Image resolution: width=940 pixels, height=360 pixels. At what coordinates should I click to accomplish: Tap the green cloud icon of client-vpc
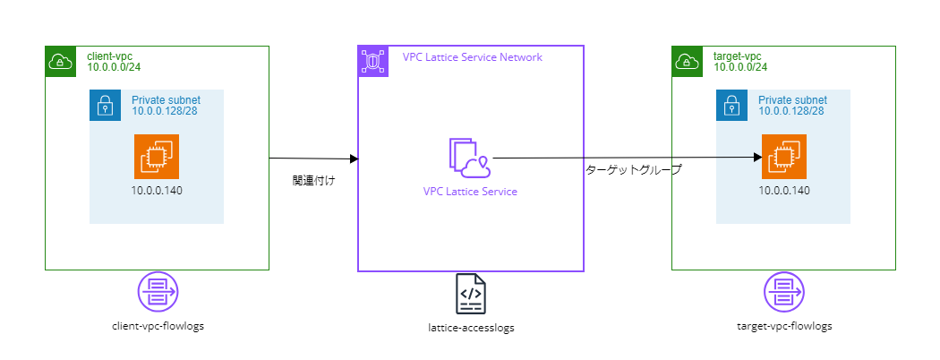tap(60, 61)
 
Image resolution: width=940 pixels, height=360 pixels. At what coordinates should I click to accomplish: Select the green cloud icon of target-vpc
tap(687, 61)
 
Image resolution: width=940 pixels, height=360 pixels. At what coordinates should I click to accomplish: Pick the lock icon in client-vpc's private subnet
tap(105, 105)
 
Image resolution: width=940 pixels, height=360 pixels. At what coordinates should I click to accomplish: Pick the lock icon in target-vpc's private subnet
tap(731, 105)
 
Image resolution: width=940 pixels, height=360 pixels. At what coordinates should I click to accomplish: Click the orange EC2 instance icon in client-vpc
tap(157, 157)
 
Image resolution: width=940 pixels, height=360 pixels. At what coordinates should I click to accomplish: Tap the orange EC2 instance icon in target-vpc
tap(783, 157)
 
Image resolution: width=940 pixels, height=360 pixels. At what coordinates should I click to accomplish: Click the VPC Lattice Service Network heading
tap(472, 57)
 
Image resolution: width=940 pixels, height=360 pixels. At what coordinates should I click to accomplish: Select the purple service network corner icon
tap(372, 60)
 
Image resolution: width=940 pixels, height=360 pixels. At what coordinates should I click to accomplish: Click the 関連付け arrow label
tap(313, 181)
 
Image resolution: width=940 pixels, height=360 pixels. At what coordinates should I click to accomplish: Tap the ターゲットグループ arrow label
tap(633, 169)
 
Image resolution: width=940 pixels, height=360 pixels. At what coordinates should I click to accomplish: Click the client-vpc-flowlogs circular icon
tap(158, 293)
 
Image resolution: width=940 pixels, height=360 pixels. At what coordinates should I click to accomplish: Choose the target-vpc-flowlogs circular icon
tap(784, 293)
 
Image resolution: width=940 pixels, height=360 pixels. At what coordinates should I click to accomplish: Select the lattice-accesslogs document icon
tap(471, 294)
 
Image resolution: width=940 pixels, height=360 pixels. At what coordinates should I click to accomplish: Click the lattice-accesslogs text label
tap(471, 328)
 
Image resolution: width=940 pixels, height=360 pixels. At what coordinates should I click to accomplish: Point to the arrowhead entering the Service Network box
tap(354, 159)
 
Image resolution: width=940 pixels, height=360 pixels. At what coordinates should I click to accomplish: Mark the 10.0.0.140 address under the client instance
tap(157, 190)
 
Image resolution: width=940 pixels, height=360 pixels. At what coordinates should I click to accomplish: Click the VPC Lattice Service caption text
tap(470, 191)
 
